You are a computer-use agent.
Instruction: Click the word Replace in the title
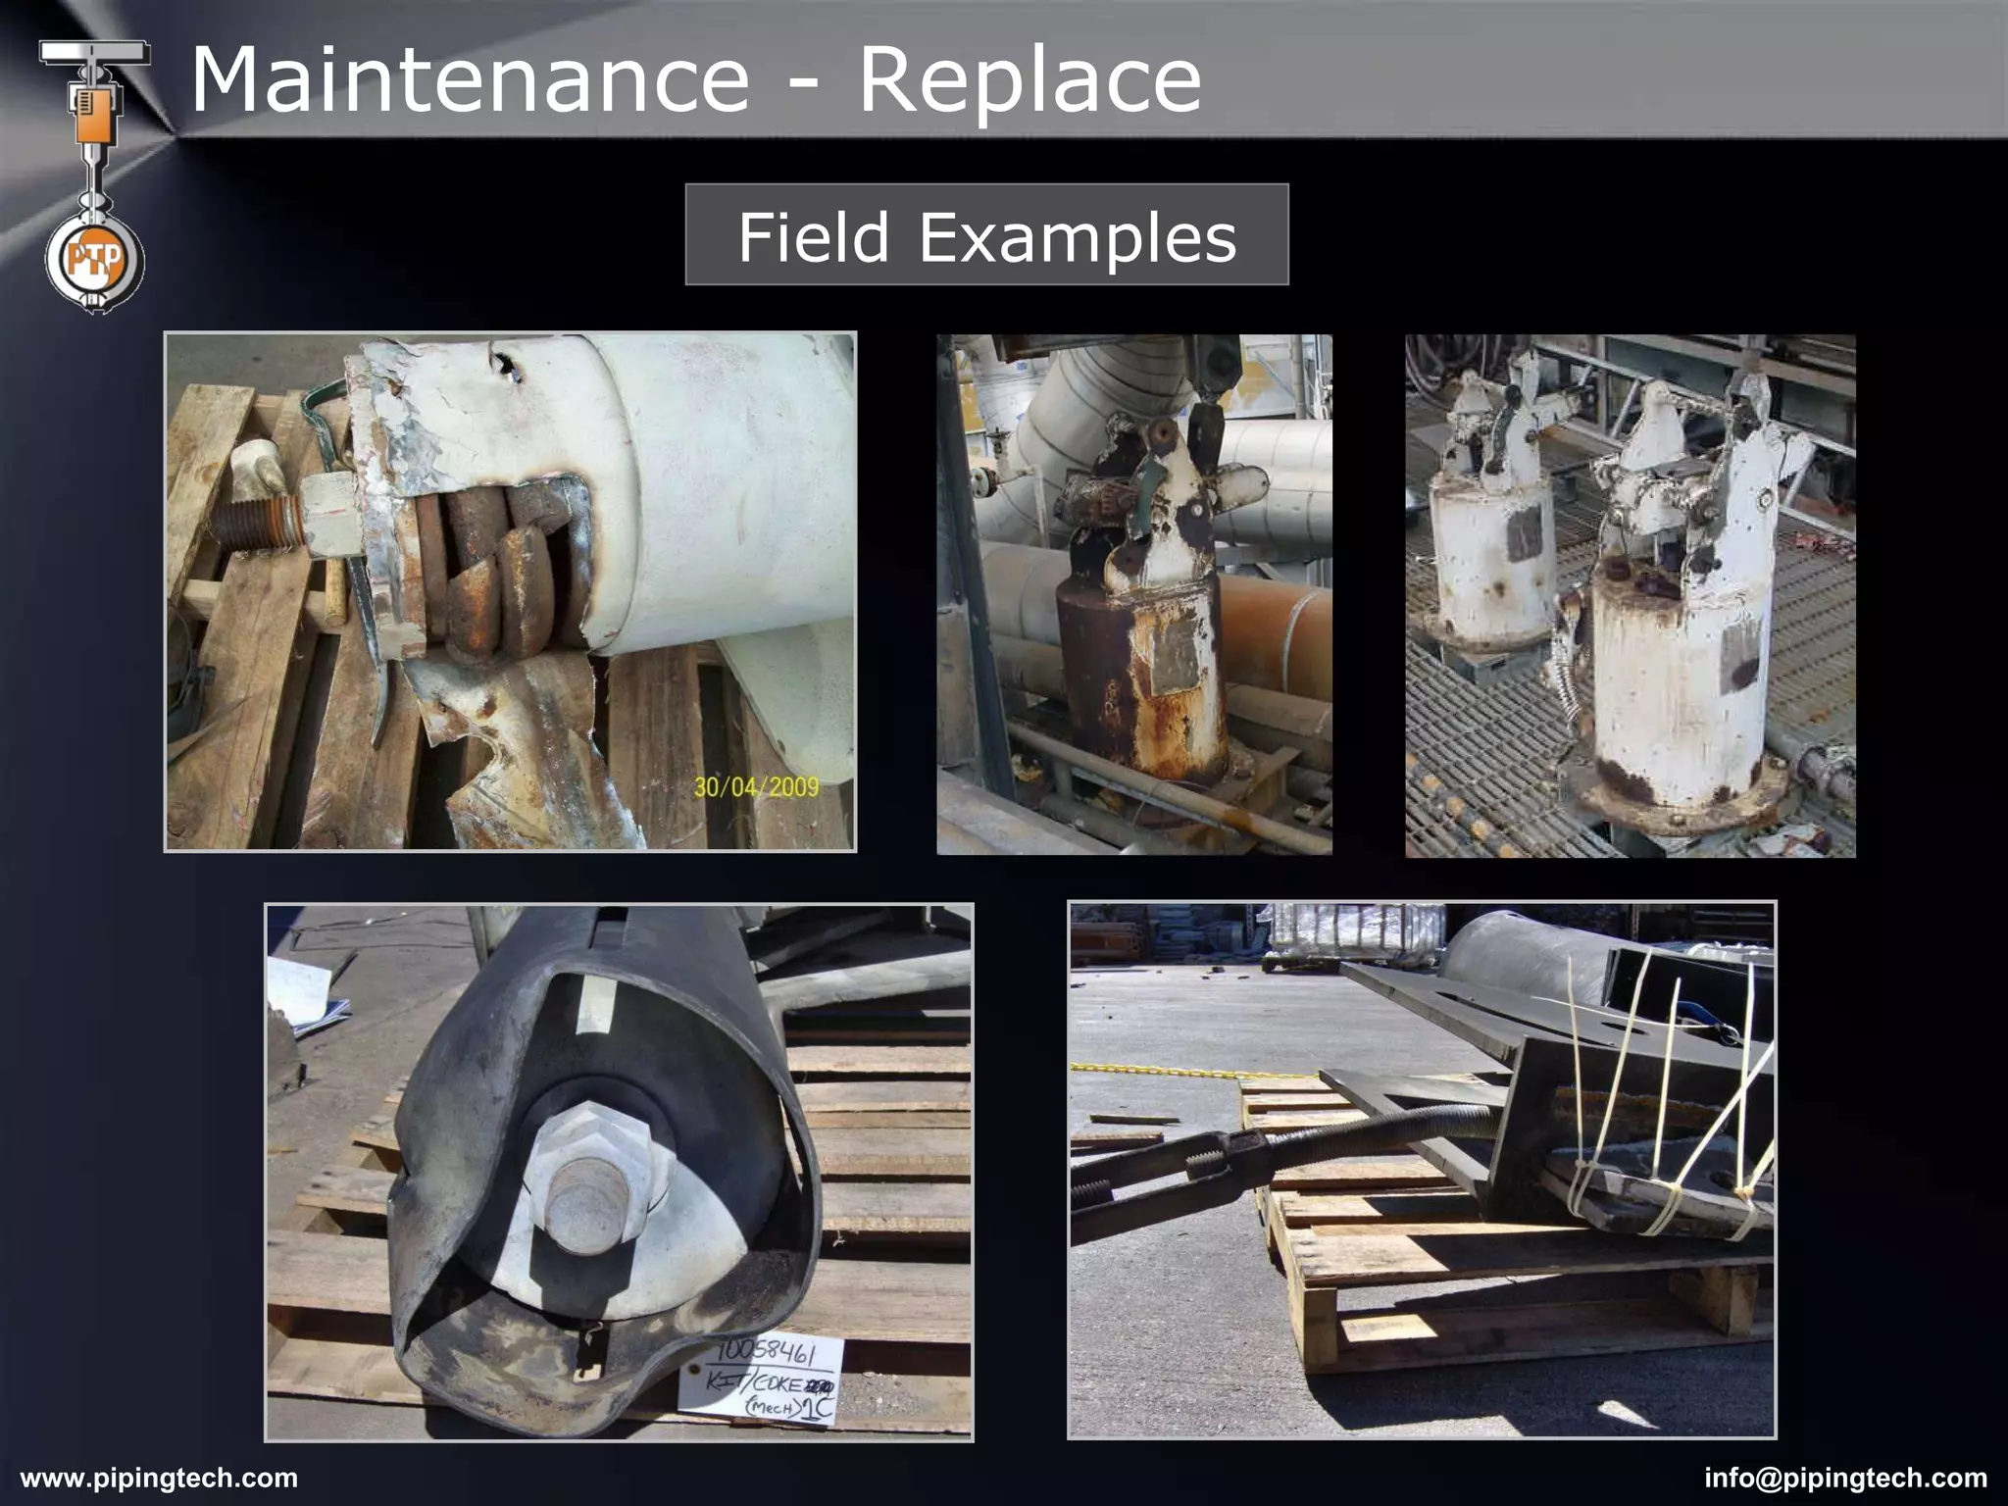coord(1029,80)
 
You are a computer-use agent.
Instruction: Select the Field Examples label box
coord(986,234)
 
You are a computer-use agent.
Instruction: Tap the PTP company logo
coord(94,260)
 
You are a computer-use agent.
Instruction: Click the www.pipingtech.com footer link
coord(159,1478)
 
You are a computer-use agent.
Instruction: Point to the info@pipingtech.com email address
coord(1846,1478)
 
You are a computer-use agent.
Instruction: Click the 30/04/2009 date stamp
coord(756,786)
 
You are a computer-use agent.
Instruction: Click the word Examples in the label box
coord(1077,237)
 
